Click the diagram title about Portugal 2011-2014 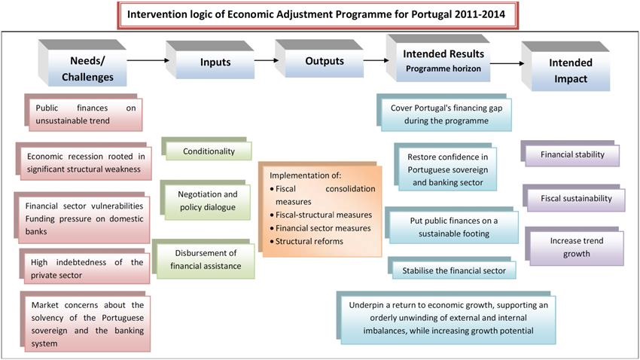318,15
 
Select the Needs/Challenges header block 83,63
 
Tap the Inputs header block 210,59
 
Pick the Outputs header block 319,58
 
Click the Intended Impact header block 565,66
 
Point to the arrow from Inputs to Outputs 267,60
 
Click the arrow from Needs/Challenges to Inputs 148,60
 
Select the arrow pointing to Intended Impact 507,63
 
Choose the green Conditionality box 206,148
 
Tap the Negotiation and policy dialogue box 206,200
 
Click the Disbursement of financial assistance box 203,259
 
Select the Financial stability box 570,154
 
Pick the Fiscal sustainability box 574,198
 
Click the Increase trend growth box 574,246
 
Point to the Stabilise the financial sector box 452,268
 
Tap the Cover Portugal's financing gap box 444,113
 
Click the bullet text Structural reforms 309,241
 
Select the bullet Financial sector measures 320,228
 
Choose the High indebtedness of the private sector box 84,266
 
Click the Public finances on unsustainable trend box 84,112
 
